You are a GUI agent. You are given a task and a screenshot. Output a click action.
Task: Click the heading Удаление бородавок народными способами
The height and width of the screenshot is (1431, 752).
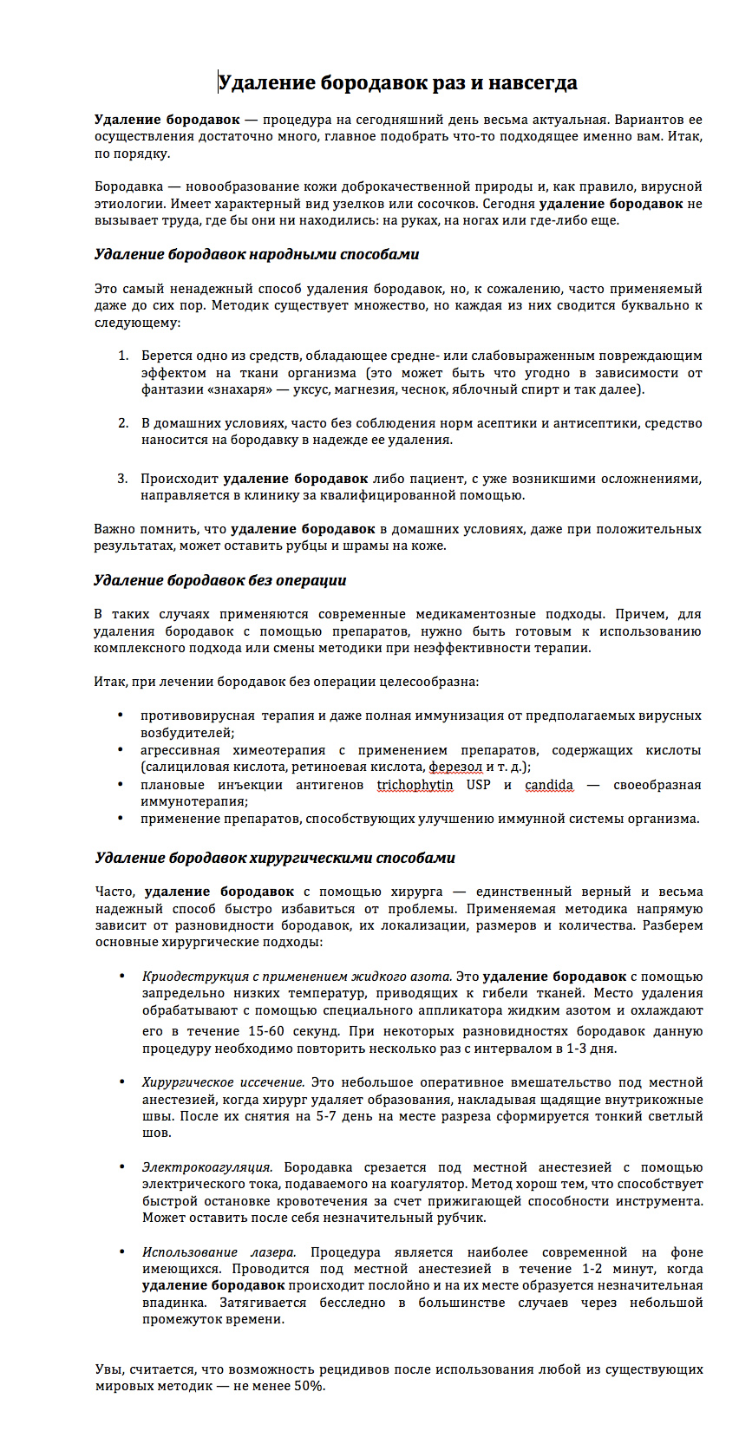click(257, 255)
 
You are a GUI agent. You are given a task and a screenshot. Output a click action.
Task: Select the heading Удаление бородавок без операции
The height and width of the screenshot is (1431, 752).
click(220, 580)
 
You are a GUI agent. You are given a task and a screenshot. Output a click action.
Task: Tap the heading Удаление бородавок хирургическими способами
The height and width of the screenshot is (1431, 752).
click(275, 858)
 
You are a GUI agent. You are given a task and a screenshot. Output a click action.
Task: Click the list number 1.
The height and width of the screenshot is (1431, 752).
click(122, 356)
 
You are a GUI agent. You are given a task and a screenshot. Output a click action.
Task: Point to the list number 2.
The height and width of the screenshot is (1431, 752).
click(122, 423)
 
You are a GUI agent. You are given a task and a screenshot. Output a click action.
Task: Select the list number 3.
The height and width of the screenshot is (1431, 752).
click(122, 479)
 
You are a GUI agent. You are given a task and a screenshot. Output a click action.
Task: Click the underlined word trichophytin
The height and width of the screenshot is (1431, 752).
click(415, 785)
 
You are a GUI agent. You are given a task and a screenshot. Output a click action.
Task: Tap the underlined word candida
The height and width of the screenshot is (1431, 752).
click(549, 785)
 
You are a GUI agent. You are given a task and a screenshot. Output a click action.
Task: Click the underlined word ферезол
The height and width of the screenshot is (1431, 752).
click(455, 767)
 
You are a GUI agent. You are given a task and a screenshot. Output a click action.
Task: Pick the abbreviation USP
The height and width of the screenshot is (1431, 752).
click(478, 785)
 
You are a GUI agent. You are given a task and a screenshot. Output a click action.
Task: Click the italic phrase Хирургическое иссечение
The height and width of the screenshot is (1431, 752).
click(223, 1082)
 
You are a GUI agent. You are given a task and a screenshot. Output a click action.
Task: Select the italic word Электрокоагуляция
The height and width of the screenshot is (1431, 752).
click(207, 1167)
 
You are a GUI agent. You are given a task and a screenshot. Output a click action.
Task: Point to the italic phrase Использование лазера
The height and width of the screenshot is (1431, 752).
click(219, 1252)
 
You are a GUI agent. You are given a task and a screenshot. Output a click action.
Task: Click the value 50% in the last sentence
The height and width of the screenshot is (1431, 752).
click(310, 1386)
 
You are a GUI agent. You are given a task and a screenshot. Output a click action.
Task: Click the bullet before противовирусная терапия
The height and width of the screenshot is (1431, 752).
click(121, 715)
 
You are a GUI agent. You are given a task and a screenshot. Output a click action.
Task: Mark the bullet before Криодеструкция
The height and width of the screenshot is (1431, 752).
click(121, 977)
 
